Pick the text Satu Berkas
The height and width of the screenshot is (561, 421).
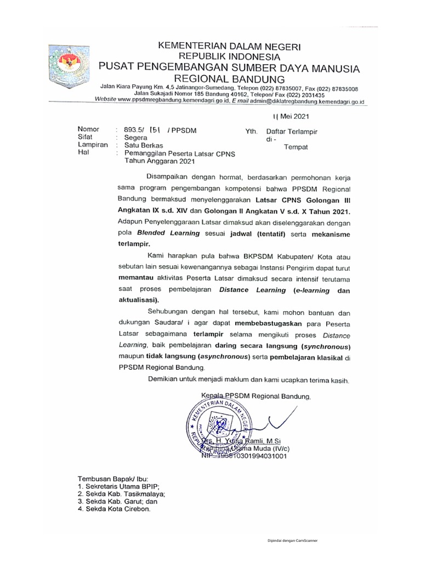143,146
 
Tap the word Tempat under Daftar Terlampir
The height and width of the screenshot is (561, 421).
295,147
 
